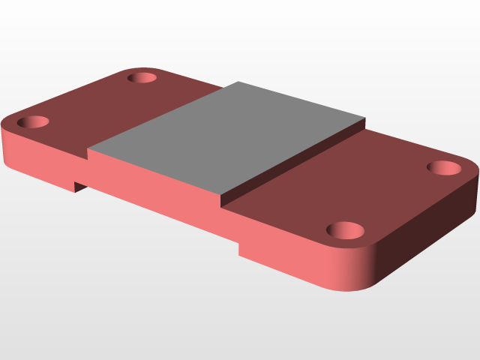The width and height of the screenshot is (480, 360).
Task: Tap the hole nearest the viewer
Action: coord(346,229)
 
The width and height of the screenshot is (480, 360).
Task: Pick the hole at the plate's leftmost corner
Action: coord(33,121)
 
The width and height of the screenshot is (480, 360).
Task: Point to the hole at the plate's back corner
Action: coord(140,77)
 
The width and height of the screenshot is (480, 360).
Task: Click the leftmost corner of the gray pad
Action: coord(88,148)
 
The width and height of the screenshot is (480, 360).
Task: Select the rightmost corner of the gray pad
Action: coord(365,118)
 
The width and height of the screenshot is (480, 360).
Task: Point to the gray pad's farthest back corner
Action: coord(238,82)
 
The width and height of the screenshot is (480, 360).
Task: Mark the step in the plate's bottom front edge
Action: coord(239,247)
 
